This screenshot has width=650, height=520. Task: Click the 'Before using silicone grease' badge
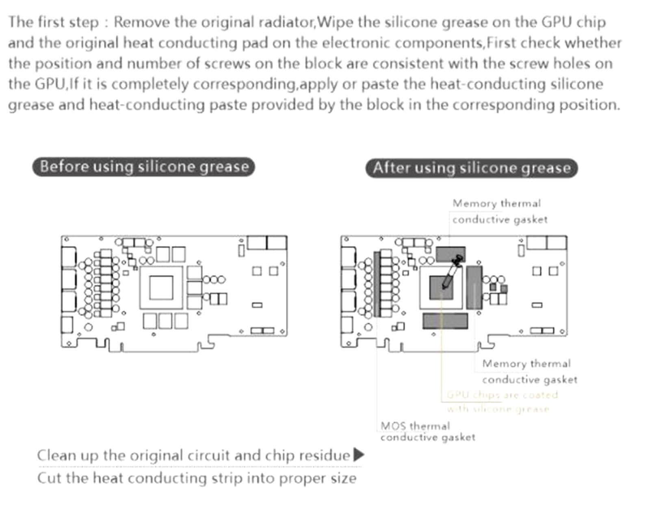143,167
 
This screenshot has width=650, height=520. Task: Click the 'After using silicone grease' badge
471,168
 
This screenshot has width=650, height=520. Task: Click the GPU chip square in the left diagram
161,288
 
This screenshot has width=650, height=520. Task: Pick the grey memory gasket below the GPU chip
445,321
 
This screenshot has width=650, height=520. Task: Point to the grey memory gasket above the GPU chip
450,254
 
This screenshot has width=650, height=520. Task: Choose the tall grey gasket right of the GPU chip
474,287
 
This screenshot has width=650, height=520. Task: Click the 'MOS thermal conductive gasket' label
427,431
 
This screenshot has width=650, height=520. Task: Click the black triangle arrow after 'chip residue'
358,455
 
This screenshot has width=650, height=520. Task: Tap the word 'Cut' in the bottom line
49,478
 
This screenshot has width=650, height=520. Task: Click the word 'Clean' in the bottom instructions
56,455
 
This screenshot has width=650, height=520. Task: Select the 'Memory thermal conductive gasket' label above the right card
499,211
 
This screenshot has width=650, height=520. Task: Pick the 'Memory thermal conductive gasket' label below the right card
529,371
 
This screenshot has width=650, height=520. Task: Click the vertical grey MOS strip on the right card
377,284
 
